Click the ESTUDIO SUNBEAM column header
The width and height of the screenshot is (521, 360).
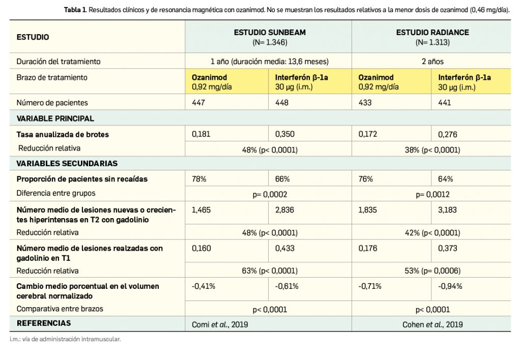270,32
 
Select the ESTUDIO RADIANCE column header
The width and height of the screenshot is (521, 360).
432,32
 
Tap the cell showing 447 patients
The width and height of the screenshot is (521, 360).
198,103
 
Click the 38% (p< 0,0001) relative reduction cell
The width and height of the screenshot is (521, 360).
432,150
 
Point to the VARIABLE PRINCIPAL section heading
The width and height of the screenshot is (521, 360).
55,118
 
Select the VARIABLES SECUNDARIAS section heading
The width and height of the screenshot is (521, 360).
67,164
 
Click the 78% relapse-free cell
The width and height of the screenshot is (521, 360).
199,179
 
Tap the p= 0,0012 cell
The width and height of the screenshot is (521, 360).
432,194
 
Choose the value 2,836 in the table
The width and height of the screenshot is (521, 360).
285,209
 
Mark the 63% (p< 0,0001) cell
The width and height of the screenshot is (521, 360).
269,271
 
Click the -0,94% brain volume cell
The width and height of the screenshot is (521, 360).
450,286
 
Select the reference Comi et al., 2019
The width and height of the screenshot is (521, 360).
220,324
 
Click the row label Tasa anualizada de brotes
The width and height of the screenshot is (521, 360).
63,135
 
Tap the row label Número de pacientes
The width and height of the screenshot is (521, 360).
52,103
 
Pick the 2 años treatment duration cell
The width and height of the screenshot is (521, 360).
432,62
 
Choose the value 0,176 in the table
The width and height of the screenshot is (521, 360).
368,248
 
